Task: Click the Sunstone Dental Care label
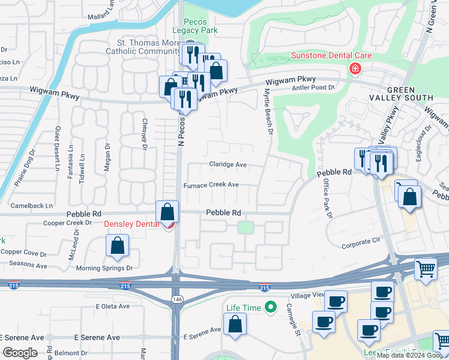point(331,56)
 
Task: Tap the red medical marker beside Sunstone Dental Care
point(355,70)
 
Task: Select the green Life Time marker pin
point(271,307)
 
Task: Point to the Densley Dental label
point(133,224)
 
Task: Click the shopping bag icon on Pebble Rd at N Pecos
point(167,211)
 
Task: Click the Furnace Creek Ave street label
point(211,185)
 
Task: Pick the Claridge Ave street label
point(228,164)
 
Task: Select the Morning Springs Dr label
point(104,268)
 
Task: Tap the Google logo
point(19,352)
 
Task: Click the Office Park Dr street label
point(328,199)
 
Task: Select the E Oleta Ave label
point(113,306)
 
